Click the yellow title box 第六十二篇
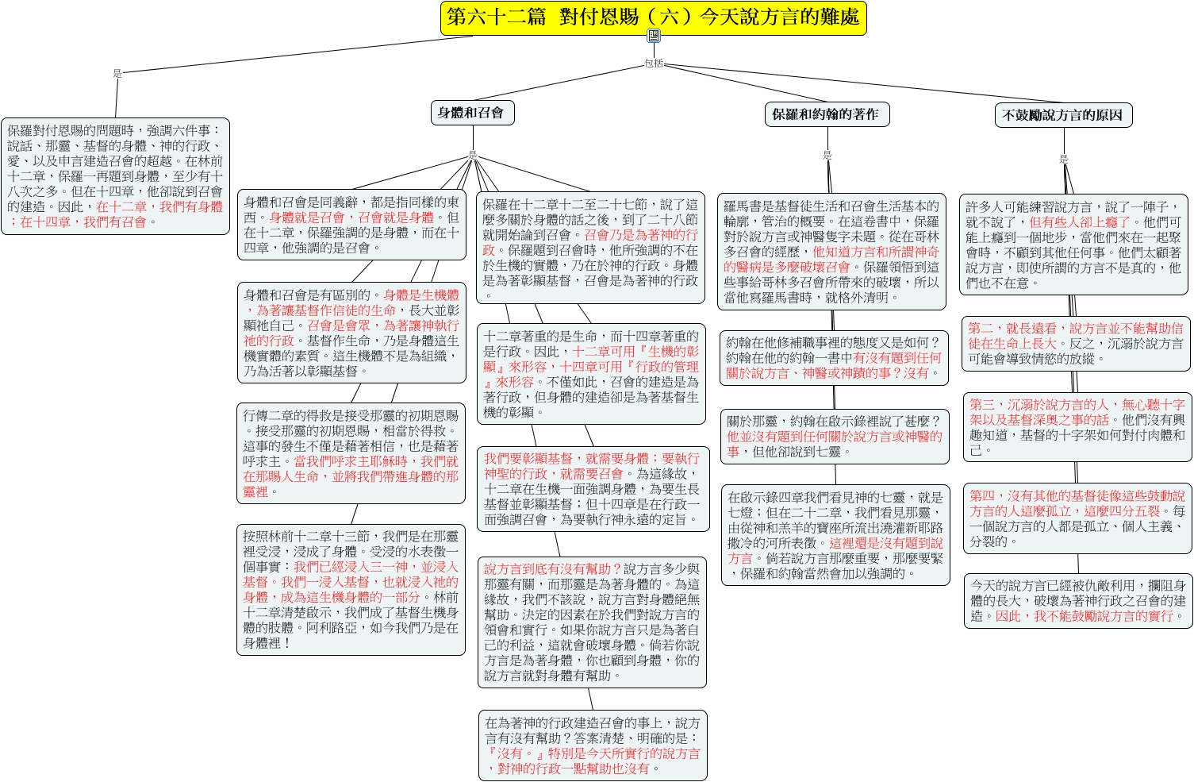pos(653,18)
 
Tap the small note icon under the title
pos(654,36)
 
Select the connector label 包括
pos(654,64)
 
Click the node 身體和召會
pos(472,113)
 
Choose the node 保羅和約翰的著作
pos(827,114)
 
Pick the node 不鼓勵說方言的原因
pos(1063,115)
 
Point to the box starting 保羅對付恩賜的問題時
pos(115,176)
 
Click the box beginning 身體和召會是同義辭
pos(351,225)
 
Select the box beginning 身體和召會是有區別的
pos(351,333)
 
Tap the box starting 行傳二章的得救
pos(351,453)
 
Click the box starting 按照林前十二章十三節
pos(351,589)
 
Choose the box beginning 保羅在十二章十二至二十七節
pos(590,248)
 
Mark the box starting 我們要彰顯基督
pos(593,488)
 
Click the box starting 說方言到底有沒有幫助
pos(592,622)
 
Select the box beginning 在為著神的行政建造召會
pos(593,745)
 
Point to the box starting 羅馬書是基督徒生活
pos(831,251)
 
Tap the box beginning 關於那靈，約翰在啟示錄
pos(835,437)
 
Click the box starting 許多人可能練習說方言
pos(1073,245)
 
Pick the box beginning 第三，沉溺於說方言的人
pos(1077,427)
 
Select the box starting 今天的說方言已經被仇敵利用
pos(1078,601)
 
